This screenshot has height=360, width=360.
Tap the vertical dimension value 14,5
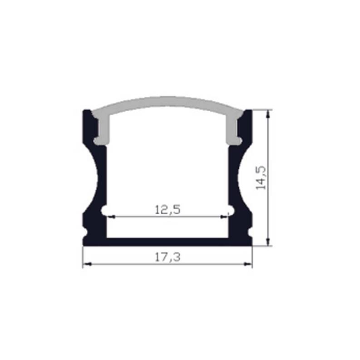click(261, 178)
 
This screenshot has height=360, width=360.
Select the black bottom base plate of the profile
click(167, 242)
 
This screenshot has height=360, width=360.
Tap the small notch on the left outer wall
click(85, 232)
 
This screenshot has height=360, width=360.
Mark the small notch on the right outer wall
click(250, 232)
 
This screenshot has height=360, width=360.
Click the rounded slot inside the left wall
click(104, 210)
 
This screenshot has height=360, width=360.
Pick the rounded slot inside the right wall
click(230, 210)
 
